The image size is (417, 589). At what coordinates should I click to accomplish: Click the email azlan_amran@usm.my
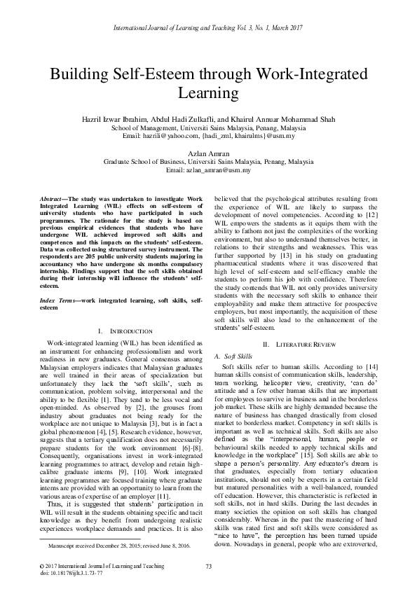(208, 170)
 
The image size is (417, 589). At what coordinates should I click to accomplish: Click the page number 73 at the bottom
(208, 565)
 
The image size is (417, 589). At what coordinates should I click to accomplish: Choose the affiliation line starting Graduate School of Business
(208, 161)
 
